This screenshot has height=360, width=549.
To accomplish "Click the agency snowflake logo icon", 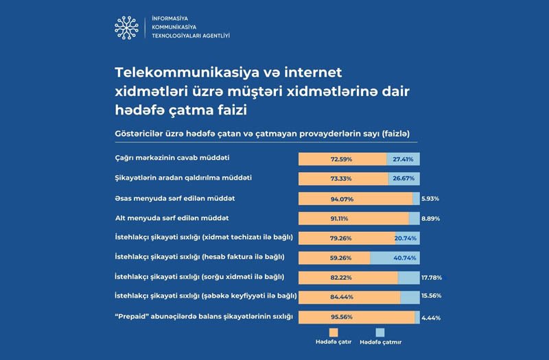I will tap(126, 27).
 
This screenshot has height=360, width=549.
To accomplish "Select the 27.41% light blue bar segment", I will tap(403, 159).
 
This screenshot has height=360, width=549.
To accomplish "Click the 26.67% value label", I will tap(404, 178).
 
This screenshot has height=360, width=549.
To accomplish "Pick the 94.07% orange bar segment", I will tap(355, 199).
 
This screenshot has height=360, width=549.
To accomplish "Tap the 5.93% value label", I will tap(430, 199).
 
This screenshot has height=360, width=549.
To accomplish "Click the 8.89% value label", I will tap(430, 219).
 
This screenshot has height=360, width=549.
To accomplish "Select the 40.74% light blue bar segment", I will tap(395, 258).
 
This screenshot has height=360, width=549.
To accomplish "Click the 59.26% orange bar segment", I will tap(334, 258).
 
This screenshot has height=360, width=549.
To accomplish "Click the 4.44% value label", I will tap(431, 317).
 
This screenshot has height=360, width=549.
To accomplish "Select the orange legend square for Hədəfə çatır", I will tap(325, 332).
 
